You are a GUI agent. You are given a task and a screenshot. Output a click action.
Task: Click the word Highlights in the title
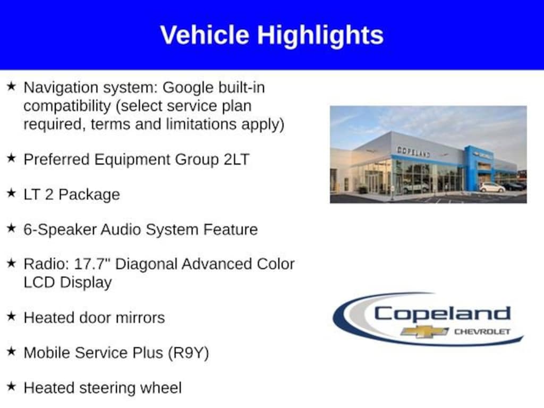[x=320, y=35]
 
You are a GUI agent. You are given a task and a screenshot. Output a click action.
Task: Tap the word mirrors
[x=139, y=318]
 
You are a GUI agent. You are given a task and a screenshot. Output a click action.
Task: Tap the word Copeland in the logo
[x=442, y=313]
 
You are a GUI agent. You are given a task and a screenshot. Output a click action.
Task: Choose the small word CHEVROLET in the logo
[x=481, y=331]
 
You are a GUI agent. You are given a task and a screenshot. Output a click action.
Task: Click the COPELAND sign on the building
[x=413, y=152]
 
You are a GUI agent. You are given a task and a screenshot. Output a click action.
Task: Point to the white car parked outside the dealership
[x=492, y=188]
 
